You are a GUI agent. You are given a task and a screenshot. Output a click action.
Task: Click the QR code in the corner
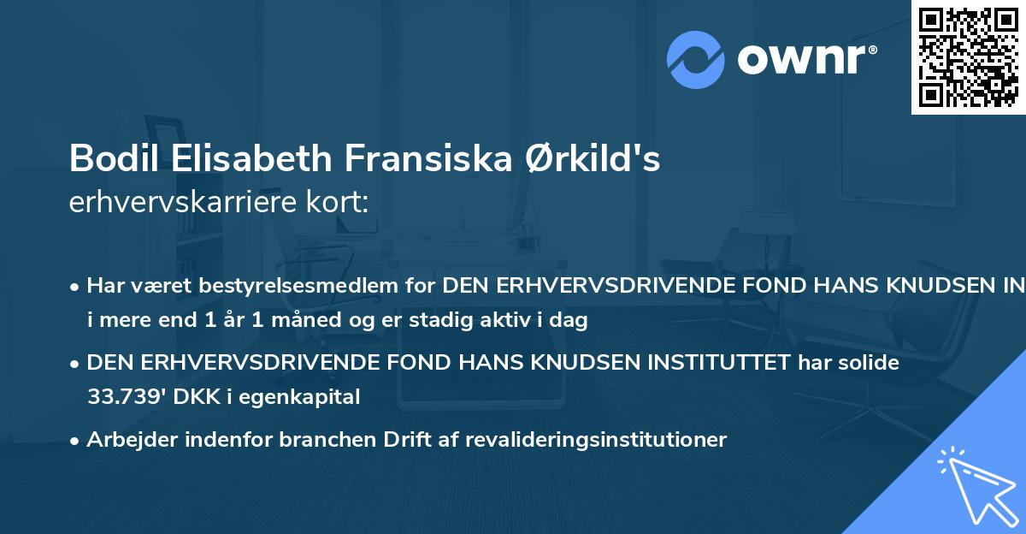point(969,57)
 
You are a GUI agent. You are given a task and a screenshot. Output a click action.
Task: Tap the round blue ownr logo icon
point(696,59)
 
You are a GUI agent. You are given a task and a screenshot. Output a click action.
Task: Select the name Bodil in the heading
point(104,158)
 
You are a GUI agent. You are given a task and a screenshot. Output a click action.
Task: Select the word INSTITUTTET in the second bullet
point(719,363)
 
